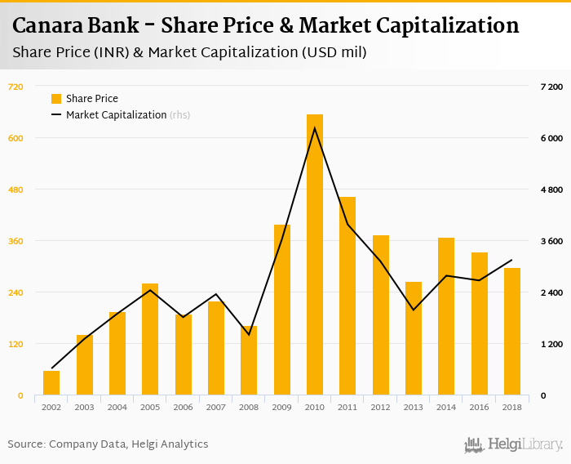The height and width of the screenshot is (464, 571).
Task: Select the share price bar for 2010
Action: tap(315, 255)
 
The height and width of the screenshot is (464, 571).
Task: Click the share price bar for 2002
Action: tap(51, 383)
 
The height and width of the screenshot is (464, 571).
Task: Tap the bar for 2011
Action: tap(347, 296)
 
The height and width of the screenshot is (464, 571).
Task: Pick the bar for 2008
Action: tap(249, 360)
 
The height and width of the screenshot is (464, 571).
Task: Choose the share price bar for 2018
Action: tap(512, 332)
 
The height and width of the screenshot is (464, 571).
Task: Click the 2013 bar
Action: tap(414, 338)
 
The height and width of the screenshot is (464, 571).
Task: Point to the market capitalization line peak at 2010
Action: tap(315, 128)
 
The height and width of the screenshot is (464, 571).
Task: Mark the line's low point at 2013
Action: tap(414, 310)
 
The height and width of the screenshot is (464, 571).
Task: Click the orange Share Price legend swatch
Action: tap(56, 99)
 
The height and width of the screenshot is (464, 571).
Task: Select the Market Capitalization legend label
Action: tap(116, 115)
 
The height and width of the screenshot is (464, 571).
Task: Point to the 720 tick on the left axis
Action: tap(15, 87)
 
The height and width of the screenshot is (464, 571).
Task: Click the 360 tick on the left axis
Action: tap(15, 241)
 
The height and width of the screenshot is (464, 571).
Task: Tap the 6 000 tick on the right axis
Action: tap(552, 138)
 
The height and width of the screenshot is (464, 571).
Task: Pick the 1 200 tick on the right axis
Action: tap(552, 344)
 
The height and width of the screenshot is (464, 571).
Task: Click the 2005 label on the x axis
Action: tap(150, 407)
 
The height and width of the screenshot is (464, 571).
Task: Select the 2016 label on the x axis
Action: tap(480, 407)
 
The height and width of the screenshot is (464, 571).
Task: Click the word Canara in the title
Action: tap(50, 26)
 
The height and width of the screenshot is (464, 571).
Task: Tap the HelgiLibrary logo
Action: tap(514, 444)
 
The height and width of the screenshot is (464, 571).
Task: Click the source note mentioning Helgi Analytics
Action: tap(108, 444)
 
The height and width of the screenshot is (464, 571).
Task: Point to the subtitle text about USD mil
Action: tap(189, 52)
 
